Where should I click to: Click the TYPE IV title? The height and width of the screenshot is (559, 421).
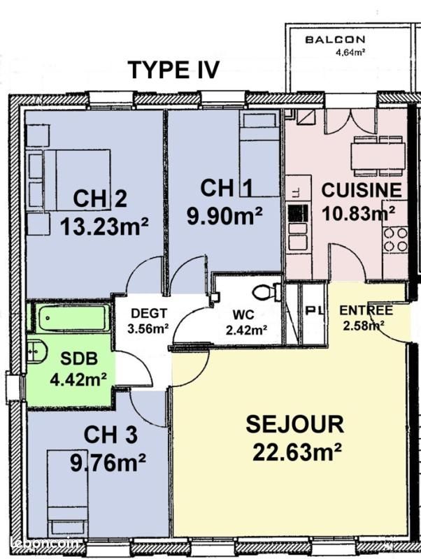point(173,69)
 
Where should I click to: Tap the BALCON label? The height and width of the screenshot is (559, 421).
point(336,40)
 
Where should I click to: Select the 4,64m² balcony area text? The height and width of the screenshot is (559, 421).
point(350,53)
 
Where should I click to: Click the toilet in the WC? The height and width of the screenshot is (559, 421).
point(267,292)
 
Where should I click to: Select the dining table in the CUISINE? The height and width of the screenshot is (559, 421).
point(378,156)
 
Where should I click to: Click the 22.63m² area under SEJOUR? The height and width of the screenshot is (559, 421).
point(297,452)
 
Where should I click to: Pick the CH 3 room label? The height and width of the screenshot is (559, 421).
point(110,435)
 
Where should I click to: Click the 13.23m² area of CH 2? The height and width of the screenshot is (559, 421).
point(104,226)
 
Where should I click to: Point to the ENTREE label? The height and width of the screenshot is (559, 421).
point(366,310)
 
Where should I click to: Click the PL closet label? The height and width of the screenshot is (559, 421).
point(315,310)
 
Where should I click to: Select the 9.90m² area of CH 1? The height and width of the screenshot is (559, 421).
point(224,215)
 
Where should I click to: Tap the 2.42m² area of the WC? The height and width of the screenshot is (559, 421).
point(246,330)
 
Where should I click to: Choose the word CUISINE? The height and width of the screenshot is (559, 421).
point(362,190)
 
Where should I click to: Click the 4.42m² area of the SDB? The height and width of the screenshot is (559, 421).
point(78,379)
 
